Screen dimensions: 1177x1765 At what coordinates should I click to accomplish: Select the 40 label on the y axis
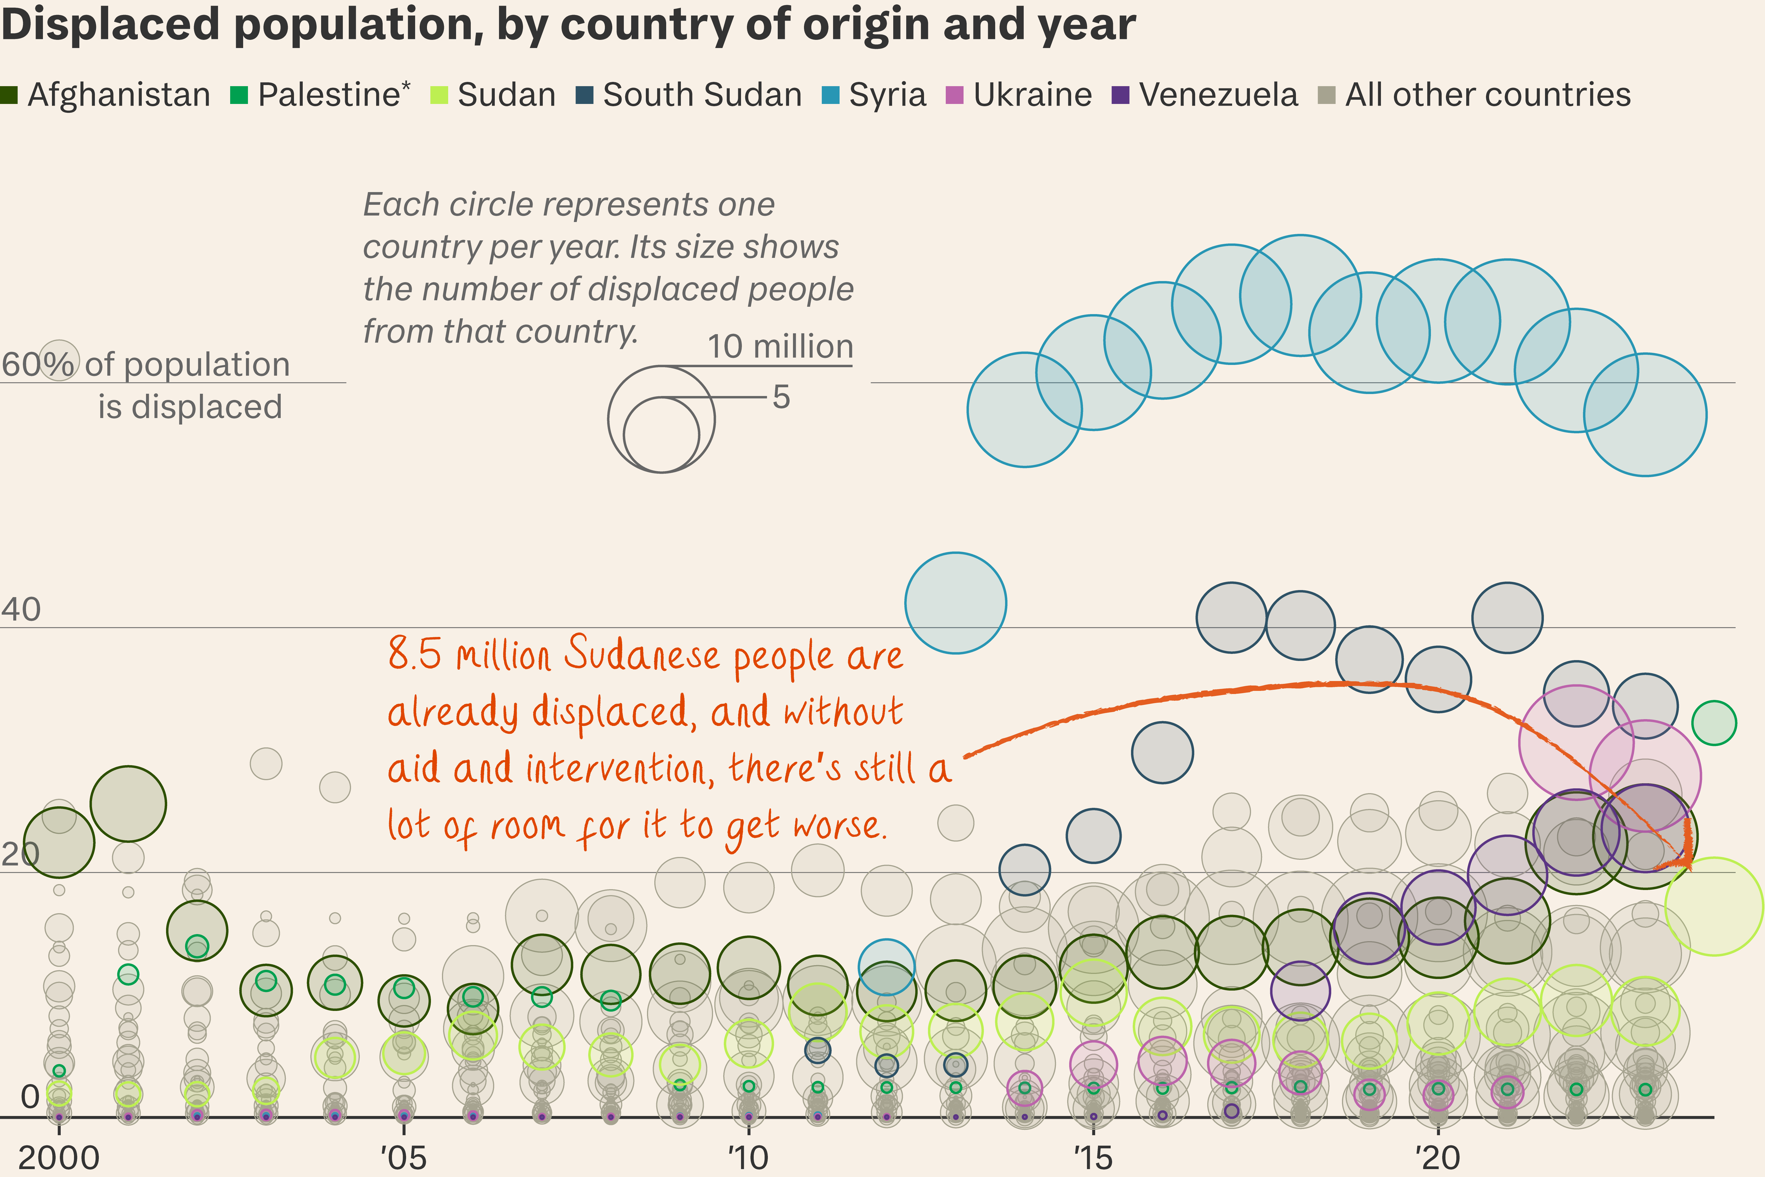tap(21, 610)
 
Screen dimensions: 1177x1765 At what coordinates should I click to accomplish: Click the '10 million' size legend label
tap(781, 347)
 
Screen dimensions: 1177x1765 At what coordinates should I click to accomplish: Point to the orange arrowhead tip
tap(1688, 867)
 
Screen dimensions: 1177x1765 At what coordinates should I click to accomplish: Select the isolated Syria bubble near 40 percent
tap(955, 603)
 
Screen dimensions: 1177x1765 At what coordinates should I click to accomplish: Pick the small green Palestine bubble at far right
tap(1714, 722)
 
